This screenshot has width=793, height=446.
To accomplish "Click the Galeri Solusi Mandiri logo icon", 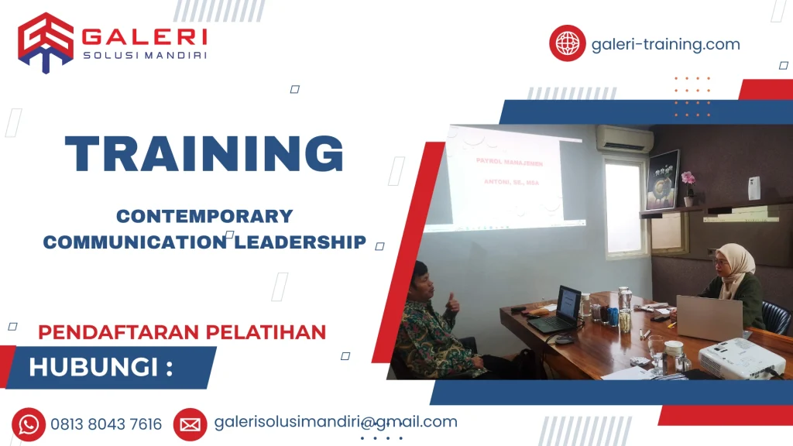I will coord(46,43).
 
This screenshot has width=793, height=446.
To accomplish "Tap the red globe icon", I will coord(567,43).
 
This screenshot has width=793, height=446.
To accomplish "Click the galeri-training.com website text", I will coord(665,44).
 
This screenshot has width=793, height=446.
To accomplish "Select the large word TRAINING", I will coord(204,153).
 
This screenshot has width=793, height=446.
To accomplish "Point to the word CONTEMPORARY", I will coord(204,217).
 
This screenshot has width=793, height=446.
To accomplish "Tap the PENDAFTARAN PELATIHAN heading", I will coord(182,332).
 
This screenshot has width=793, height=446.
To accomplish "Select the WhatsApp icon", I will coord(29,424).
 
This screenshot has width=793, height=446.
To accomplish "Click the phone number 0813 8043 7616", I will coord(106,424).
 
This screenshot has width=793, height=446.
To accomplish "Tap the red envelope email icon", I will coord(190,424).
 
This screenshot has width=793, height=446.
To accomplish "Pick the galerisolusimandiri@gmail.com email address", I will coord(335,422).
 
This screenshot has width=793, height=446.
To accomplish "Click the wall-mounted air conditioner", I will coord(624,139).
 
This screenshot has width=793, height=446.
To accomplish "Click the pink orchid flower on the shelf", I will coord(687,179).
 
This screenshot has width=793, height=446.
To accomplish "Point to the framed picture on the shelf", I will coord(663,180).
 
